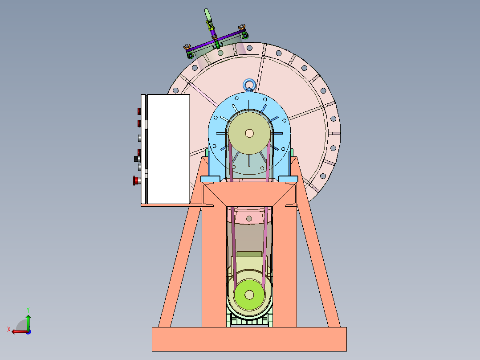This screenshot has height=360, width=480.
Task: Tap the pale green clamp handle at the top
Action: (x=207, y=14)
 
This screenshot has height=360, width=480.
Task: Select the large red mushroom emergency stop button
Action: (x=136, y=180)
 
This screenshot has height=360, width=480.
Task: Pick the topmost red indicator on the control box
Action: (x=139, y=111)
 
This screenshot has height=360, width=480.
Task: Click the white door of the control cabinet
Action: (x=168, y=149)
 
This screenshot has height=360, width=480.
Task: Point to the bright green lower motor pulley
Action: (x=249, y=295)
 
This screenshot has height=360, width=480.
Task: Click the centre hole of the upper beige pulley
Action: (x=249, y=133)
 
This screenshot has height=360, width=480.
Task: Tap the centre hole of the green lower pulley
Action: (x=249, y=295)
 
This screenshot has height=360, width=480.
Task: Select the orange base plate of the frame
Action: (x=249, y=339)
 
